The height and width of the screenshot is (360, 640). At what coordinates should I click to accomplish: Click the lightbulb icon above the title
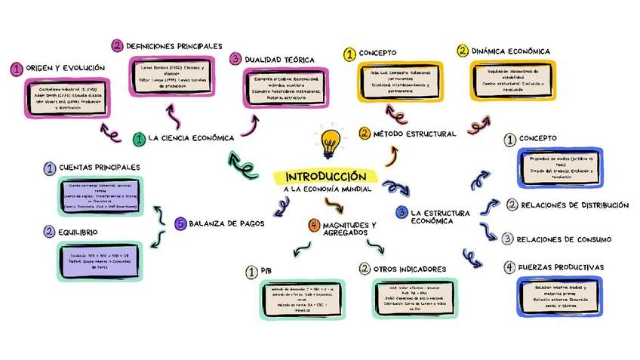coord(330,141)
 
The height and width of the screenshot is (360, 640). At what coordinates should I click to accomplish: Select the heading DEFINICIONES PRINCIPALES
coord(174,46)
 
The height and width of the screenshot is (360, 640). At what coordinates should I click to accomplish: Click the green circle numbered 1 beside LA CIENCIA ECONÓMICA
coord(139,139)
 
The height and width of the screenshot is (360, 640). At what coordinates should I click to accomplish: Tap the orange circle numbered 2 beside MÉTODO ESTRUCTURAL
coord(365,134)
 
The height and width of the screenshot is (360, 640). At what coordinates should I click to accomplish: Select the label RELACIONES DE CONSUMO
coord(563,240)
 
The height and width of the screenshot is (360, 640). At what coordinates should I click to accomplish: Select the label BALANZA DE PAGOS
coord(225,223)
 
